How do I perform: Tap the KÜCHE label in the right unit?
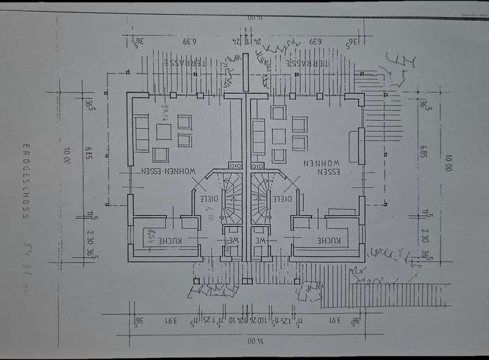329,241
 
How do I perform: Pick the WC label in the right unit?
261,240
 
